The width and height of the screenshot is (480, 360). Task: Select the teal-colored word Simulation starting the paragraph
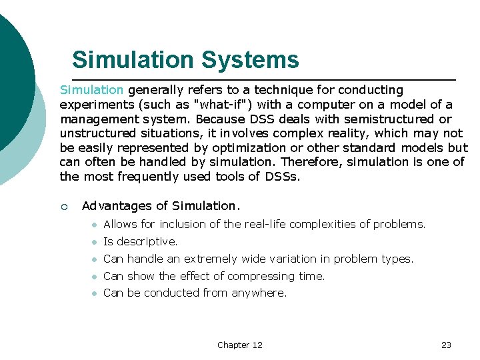coord(91,89)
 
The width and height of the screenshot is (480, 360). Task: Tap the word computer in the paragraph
coord(325,104)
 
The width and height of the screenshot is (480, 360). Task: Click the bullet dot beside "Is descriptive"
coord(95,242)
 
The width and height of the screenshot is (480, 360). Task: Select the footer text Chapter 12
coord(239,345)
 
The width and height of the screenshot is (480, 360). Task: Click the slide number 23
coord(446,345)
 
